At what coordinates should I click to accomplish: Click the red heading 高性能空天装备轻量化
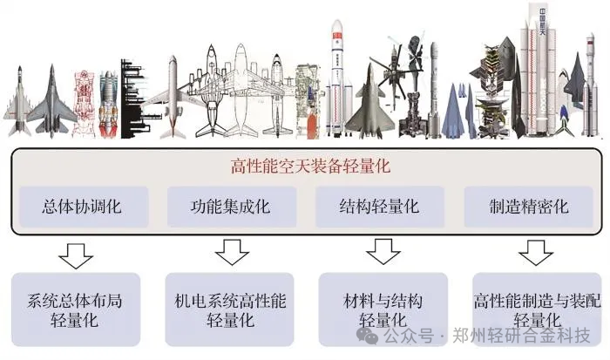click(305, 166)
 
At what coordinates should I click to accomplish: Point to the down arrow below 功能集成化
click(230, 254)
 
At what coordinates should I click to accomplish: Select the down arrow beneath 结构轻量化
click(381, 254)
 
